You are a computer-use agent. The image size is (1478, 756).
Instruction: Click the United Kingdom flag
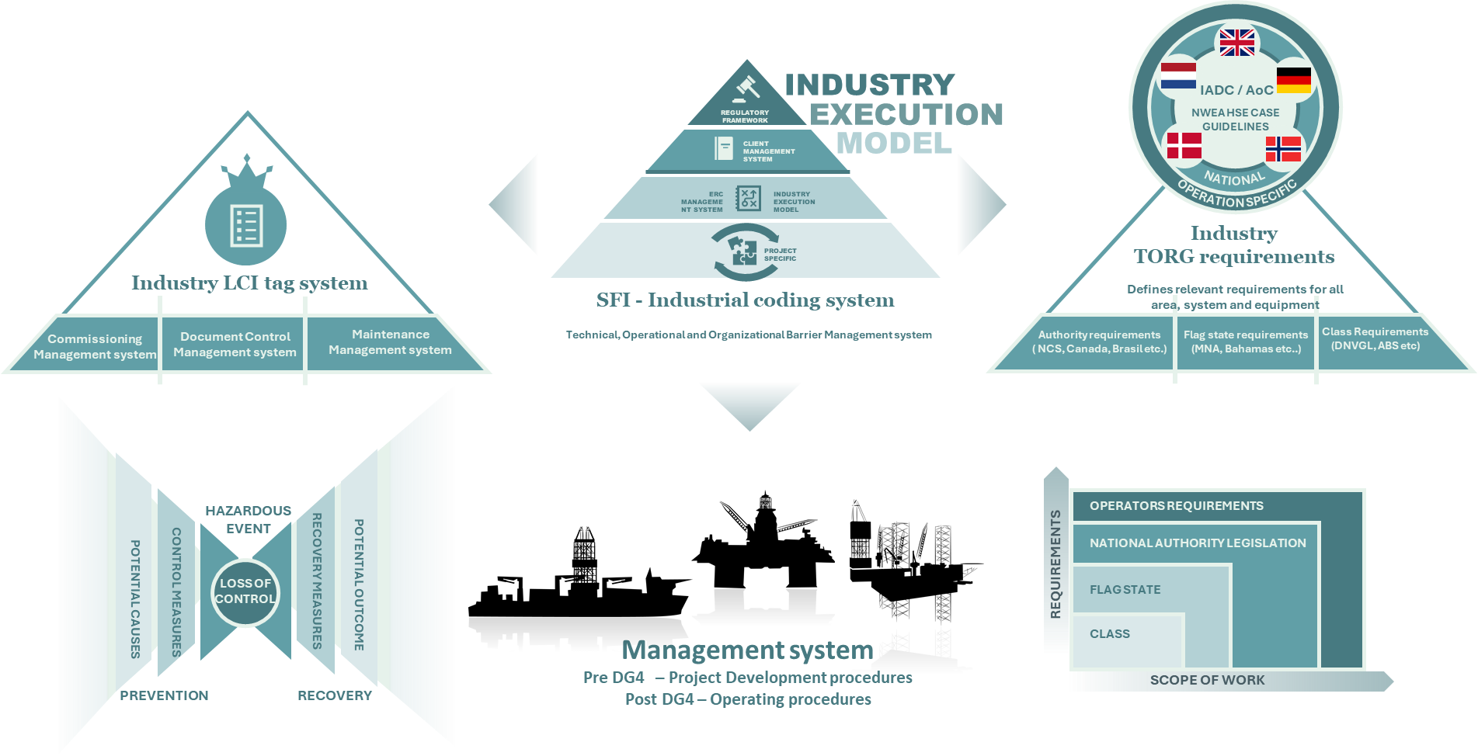(x=1236, y=43)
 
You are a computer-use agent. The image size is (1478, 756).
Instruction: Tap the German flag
(x=1293, y=81)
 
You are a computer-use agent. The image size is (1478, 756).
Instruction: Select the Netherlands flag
(x=1178, y=76)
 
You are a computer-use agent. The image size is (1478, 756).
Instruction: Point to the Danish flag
(x=1184, y=146)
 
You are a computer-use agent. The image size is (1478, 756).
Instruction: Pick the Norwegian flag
(x=1283, y=149)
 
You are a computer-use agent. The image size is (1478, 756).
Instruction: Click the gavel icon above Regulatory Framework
(x=746, y=88)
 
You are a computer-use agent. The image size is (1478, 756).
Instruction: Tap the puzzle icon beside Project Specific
(x=743, y=251)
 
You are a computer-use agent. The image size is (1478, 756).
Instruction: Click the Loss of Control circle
(x=245, y=591)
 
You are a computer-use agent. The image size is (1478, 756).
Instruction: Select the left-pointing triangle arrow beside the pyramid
(x=515, y=204)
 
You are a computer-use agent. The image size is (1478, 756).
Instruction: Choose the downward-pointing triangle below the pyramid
(x=749, y=403)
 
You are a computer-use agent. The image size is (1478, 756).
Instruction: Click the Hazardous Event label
(x=248, y=519)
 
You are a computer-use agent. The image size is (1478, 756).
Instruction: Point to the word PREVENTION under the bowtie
(x=164, y=695)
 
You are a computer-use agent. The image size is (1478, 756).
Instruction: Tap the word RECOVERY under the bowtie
(x=335, y=695)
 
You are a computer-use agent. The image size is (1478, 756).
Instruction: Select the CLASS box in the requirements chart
(x=1110, y=634)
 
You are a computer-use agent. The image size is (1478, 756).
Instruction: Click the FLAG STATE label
(x=1125, y=590)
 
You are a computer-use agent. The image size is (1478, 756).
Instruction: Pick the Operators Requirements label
(x=1176, y=506)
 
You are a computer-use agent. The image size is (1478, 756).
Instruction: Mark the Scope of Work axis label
(x=1207, y=681)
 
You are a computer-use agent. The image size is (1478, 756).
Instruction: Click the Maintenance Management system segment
(x=390, y=342)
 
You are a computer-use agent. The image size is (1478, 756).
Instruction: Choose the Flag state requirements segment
(x=1246, y=342)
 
